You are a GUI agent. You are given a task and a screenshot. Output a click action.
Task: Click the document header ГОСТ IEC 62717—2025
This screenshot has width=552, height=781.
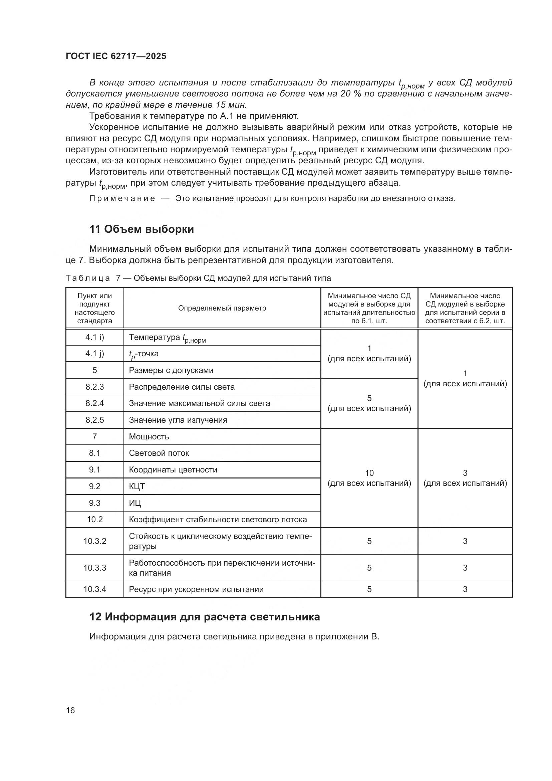coord(116,56)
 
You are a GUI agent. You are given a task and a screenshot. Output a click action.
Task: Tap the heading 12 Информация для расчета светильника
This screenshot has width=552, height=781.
coord(204,617)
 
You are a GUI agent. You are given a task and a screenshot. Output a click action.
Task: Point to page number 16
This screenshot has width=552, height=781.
coord(70,710)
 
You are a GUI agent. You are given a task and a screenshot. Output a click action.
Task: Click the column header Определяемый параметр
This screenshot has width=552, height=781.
coord(222,308)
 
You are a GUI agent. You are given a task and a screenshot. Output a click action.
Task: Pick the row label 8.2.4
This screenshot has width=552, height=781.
coord(94,403)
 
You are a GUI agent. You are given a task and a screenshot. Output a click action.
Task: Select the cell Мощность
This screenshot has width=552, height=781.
coord(149,437)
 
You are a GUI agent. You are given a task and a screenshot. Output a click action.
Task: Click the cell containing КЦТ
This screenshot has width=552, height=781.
coord(136,486)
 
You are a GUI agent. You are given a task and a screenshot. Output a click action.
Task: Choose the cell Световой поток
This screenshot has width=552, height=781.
coord(159,453)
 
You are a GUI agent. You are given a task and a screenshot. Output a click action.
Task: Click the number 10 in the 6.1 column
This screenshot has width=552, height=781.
coord(369,473)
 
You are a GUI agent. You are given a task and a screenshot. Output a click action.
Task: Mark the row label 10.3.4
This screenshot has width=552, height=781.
coord(94,589)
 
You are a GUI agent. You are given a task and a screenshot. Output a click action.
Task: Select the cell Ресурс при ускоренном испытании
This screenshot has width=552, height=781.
coord(196,589)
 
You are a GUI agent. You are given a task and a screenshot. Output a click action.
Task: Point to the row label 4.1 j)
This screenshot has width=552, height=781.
coord(94,354)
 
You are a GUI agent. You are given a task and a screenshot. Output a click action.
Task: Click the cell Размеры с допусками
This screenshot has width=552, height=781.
coord(171,370)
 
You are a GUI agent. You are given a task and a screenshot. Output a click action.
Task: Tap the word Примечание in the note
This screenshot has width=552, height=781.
coord(122,199)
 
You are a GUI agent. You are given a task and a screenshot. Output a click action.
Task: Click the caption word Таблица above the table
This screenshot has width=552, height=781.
coord(88,278)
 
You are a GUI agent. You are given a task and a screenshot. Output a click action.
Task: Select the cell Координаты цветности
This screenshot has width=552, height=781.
coord(173,470)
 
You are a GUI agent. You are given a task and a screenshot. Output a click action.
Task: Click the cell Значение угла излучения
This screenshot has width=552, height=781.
coord(178,420)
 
